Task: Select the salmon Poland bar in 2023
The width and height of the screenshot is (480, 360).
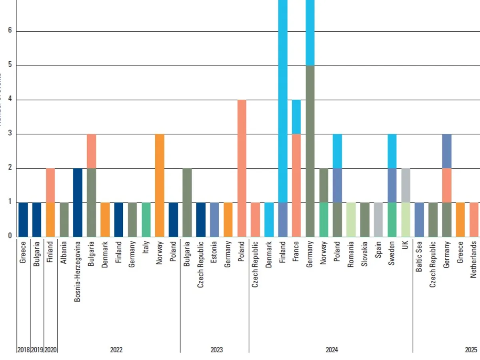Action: coord(242,168)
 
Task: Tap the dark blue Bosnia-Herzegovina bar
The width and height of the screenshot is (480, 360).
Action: coord(78,202)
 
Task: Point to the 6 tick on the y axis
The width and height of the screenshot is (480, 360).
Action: coord(10,31)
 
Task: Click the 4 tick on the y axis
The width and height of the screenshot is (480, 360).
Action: coord(10,100)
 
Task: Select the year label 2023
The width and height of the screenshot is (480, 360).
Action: coord(216,350)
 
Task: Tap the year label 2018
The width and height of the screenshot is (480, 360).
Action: coord(23,350)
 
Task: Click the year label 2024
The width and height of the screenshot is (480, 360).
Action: coord(332,350)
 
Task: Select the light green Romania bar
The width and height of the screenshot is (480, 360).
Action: coord(351,219)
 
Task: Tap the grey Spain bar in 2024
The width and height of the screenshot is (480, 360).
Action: coord(378,219)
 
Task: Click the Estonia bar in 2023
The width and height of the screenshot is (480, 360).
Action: coord(214,219)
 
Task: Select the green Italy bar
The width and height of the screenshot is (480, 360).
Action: coord(146,219)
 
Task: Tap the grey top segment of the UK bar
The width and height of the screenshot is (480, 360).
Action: coord(406,185)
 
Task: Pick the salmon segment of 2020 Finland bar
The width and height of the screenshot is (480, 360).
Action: coord(50,185)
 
